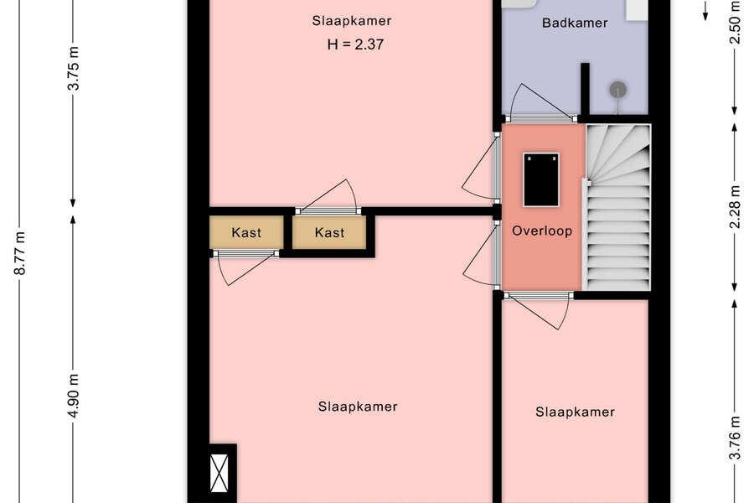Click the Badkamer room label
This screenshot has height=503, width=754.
(x=575, y=23)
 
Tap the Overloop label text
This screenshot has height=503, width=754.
(x=542, y=231)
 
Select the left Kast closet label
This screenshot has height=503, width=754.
(x=246, y=232)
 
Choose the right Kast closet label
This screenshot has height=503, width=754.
(x=329, y=232)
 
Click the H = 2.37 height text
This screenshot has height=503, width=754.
(x=355, y=44)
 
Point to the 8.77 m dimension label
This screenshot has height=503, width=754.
(x=20, y=252)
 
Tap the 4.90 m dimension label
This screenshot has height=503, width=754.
(x=74, y=395)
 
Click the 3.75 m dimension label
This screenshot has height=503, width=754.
(x=74, y=69)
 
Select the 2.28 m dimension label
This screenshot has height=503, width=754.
(x=735, y=207)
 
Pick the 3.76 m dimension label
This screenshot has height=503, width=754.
(x=735, y=438)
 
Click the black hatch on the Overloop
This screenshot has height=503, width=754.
(x=541, y=180)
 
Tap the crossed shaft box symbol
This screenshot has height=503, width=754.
(x=219, y=473)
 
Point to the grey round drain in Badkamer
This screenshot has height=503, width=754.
(x=618, y=90)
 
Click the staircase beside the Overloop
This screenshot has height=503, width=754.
(x=617, y=207)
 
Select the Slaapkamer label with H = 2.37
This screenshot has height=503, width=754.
(x=352, y=21)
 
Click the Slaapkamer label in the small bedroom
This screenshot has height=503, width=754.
(x=575, y=412)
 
